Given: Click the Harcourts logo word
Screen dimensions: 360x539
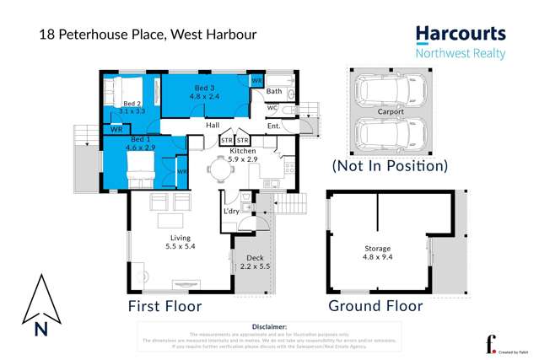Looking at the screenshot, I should pyautogui.click(x=460, y=35).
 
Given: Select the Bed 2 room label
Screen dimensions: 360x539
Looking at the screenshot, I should pyautogui.click(x=132, y=106).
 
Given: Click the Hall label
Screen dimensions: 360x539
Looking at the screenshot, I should pyautogui.click(x=213, y=124).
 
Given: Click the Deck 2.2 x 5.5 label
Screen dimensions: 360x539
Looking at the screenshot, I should pyautogui.click(x=255, y=262).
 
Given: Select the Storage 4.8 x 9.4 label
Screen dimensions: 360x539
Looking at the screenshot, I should pyautogui.click(x=377, y=253).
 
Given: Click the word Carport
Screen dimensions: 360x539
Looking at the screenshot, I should pyautogui.click(x=391, y=111).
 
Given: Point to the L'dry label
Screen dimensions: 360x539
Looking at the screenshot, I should pyautogui.click(x=232, y=212).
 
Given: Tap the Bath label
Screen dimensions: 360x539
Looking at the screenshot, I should pyautogui.click(x=274, y=91).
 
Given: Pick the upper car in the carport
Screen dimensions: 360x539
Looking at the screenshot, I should pyautogui.click(x=390, y=89).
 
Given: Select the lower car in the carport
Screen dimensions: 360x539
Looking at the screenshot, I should pyautogui.click(x=390, y=133).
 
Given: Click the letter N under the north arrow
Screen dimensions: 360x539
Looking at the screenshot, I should pyautogui.click(x=40, y=330).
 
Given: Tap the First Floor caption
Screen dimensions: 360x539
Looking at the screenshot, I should pyautogui.click(x=164, y=306).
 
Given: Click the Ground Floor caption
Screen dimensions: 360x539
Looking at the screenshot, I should pyautogui.click(x=375, y=306).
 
